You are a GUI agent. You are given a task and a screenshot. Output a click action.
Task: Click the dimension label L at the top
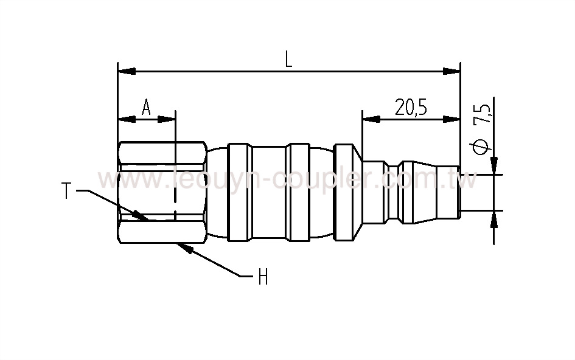click(x=288, y=59)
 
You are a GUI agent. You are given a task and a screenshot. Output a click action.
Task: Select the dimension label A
click(x=146, y=107)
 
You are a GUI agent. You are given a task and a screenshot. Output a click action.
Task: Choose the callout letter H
click(x=263, y=277)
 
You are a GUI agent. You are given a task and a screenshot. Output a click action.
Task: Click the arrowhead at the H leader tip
click(x=183, y=247)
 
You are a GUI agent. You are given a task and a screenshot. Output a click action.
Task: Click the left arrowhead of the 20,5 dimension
click(x=371, y=120)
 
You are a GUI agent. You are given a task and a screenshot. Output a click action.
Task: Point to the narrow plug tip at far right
click(x=450, y=192)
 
